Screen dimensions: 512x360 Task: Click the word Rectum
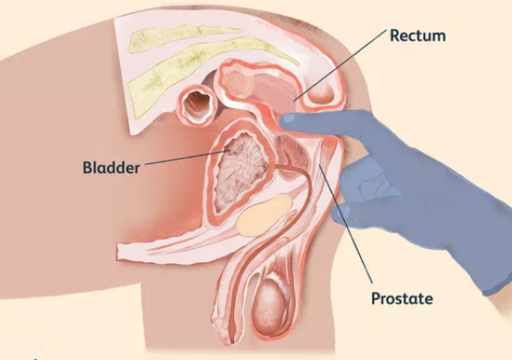(x=418, y=35)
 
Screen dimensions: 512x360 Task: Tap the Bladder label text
(x=111, y=168)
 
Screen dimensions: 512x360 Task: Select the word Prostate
(x=403, y=298)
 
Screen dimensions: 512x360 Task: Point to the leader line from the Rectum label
(x=340, y=65)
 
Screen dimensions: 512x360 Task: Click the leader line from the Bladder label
(x=186, y=157)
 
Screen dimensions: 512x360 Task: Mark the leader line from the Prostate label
(x=345, y=223)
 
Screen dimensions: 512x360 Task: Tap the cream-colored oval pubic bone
(x=264, y=214)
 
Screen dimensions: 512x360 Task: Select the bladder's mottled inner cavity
(x=240, y=172)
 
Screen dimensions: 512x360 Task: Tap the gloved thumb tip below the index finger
(x=339, y=215)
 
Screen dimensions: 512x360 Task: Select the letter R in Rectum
(x=395, y=35)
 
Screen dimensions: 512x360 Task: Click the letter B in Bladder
(x=88, y=168)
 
